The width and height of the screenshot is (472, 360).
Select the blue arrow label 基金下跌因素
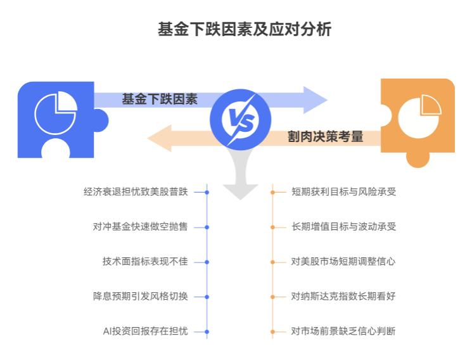tap(160, 99)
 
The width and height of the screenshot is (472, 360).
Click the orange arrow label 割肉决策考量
tap(326, 136)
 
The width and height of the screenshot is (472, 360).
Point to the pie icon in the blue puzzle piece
tap(55, 112)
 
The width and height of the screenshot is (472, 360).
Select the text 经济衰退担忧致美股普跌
tap(136, 191)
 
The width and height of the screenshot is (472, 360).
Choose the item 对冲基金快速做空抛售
tap(140, 226)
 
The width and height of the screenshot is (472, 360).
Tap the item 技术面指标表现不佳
tap(144, 261)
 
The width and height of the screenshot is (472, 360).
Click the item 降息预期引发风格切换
tap(140, 296)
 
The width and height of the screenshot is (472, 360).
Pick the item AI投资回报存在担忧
tap(145, 331)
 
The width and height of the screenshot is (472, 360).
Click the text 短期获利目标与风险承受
tap(343, 191)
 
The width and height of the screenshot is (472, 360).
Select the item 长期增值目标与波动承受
tap(343, 226)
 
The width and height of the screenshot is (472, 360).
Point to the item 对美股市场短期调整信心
tap(343, 261)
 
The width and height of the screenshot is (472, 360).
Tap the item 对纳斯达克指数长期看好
tap(343, 296)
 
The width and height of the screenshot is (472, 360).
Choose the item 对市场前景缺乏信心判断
tap(343, 331)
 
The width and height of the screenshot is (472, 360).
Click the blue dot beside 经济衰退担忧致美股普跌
tap(207, 191)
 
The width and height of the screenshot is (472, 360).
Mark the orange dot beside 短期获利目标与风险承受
tap(273, 191)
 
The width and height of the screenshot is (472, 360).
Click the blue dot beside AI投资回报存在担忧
tap(207, 331)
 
